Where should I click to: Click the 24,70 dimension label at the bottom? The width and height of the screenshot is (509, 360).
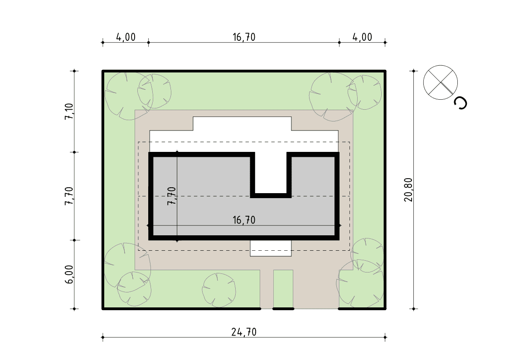(x=244, y=332)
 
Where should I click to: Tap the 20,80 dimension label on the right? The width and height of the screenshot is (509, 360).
(x=408, y=190)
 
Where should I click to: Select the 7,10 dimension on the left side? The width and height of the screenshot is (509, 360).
(x=69, y=112)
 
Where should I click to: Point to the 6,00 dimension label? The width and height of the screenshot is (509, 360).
(x=69, y=275)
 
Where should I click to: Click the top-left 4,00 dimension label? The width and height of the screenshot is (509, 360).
(x=126, y=37)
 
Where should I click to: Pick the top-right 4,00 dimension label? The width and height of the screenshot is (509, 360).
(x=362, y=37)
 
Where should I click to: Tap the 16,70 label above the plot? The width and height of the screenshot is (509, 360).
(x=244, y=37)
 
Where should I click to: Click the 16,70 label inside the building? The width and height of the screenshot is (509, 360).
(x=244, y=220)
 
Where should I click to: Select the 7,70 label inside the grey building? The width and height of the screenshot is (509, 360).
(x=171, y=196)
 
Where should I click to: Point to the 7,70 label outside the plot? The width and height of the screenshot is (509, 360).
(x=69, y=196)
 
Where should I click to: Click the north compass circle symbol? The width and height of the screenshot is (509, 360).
(x=441, y=83)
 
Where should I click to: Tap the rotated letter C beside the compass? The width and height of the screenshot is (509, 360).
(x=461, y=103)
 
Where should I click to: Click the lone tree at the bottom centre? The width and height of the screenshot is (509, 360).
(x=219, y=290)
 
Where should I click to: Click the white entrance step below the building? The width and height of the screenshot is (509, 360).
(x=271, y=248)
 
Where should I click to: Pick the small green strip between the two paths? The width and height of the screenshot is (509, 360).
(x=283, y=288)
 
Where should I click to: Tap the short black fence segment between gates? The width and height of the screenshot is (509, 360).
(x=283, y=309)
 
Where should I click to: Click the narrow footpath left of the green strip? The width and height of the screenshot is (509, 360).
(x=267, y=289)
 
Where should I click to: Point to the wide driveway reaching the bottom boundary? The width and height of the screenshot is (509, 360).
(x=316, y=289)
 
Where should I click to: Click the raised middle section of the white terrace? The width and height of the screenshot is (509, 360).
(x=242, y=124)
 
